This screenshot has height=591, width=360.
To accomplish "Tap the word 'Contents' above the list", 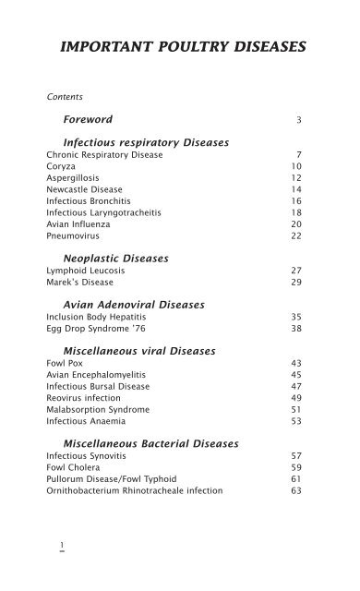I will (x=63, y=95).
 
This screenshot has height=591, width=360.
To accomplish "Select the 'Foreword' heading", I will (x=88, y=120).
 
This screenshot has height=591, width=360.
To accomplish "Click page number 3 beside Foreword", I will (x=299, y=121).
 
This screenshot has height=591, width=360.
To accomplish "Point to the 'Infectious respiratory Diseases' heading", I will (x=146, y=142).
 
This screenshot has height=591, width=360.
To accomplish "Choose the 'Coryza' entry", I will (x=61, y=168).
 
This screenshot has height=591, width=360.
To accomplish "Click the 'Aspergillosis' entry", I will (x=71, y=182).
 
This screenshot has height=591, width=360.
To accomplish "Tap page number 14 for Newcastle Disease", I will (x=296, y=196).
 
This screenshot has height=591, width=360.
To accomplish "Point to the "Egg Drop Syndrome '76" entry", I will (x=93, y=330).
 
